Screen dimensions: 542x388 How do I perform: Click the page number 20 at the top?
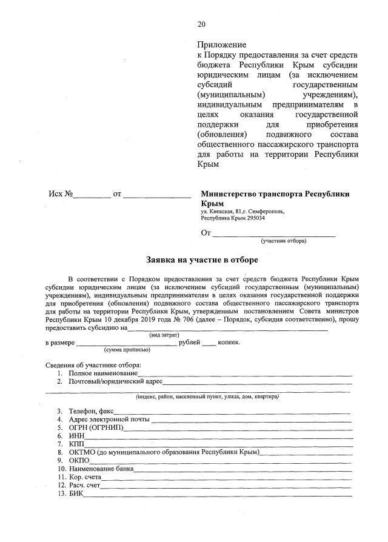(x=202, y=24)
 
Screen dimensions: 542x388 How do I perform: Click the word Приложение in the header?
(x=221, y=45)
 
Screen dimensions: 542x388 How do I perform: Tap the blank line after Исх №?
(x=93, y=195)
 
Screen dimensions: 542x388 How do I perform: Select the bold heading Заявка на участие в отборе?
(x=202, y=259)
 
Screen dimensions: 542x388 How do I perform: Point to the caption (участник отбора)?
(x=283, y=241)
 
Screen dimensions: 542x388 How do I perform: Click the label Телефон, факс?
(x=91, y=412)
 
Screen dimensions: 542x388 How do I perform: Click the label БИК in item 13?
(x=76, y=493)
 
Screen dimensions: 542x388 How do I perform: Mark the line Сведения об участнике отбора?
(x=93, y=365)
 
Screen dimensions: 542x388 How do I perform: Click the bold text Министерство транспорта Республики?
(x=275, y=195)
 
